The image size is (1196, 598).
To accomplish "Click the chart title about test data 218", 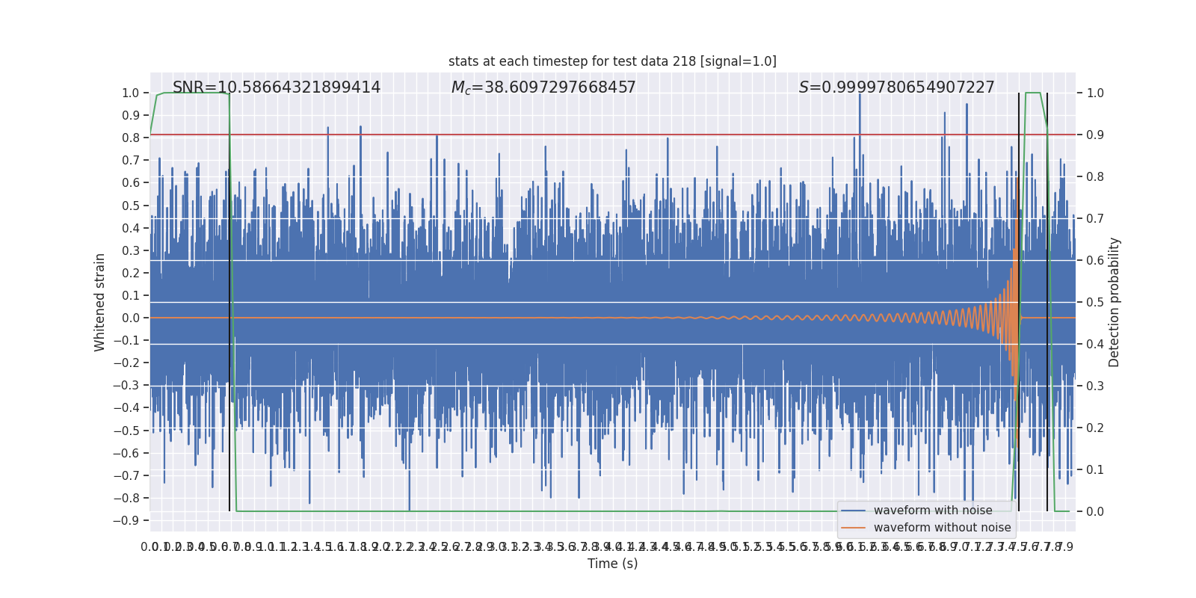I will pos(612,61).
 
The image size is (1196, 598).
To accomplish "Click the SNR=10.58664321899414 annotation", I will pos(277,87).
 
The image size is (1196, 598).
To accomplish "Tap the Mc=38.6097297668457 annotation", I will pos(543,87).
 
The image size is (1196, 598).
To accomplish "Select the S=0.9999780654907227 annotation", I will pos(896,87).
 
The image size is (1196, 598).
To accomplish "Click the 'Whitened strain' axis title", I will pos(100,302).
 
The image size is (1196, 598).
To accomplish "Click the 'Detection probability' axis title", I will pos(1115,302).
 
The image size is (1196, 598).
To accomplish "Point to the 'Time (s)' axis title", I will pos(612,564).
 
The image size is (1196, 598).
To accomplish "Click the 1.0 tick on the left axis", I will pos(130,93).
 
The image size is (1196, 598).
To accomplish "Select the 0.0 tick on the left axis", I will pos(130,318).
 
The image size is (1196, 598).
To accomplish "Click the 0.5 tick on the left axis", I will pos(130,206).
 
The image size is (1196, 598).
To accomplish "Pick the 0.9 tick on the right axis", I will pos(1095,135).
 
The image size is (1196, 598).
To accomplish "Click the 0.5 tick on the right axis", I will pos(1095,303).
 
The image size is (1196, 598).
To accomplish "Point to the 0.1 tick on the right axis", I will pos(1095,470).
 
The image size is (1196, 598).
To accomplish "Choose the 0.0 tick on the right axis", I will pos(1095,512).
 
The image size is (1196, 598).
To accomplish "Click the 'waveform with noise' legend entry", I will pos(932,511).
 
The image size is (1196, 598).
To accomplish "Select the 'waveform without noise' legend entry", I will pos(942,528).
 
